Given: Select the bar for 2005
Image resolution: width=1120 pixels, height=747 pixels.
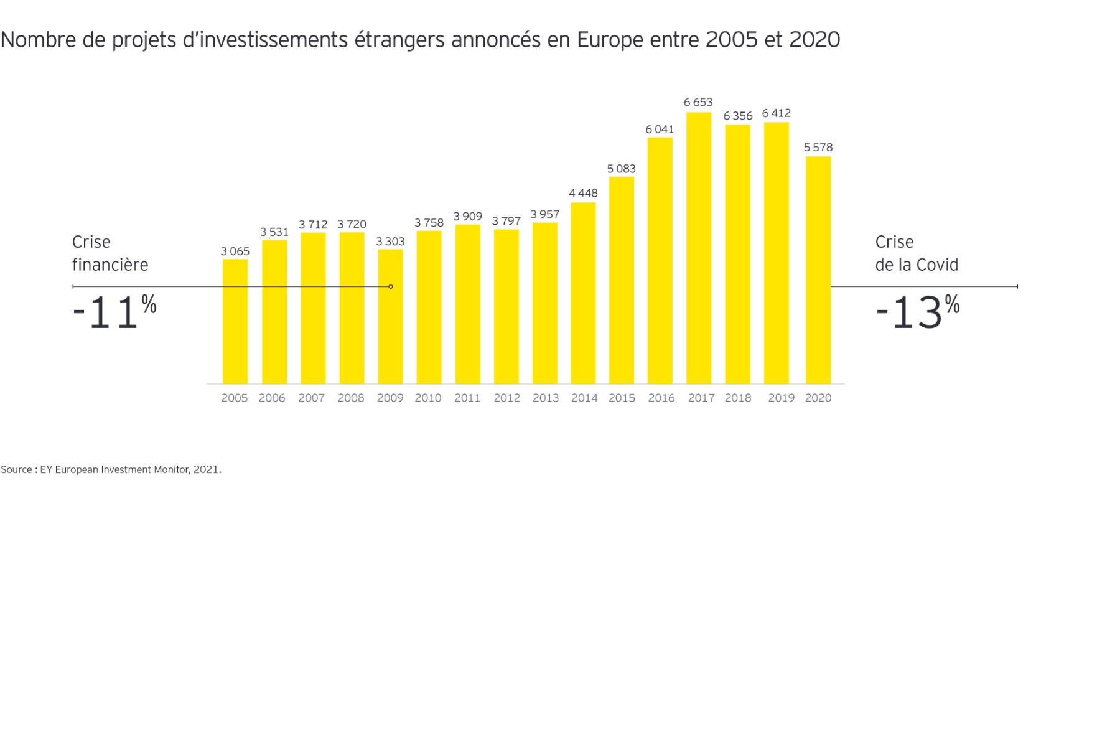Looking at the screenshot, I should click(x=235, y=321).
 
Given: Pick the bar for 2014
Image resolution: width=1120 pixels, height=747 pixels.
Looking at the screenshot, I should click(x=583, y=293).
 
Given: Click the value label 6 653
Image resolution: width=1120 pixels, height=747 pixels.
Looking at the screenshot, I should click(x=698, y=102).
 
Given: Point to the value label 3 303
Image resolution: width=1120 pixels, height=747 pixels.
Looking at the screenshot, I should click(x=390, y=241).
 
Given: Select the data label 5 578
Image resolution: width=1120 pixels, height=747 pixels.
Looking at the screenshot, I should click(x=818, y=148).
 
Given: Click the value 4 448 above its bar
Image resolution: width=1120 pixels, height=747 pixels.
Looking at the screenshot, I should click(x=583, y=193).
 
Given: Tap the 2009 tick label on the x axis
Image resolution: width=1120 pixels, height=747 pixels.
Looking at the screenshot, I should click(x=390, y=398).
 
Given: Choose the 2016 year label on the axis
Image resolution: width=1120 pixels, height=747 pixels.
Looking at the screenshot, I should click(x=661, y=398).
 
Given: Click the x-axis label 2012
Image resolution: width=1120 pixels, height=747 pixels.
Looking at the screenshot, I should click(x=506, y=398).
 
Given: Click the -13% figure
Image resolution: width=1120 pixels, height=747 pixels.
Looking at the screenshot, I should click(x=917, y=312).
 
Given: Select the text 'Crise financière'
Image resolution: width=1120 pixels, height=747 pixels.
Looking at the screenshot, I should click(x=110, y=253).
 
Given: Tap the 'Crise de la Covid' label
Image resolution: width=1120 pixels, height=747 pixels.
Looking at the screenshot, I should click(x=916, y=253).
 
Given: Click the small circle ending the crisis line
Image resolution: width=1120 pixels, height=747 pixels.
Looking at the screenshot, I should click(x=391, y=286).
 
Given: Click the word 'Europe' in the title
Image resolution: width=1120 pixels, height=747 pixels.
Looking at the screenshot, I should click(x=610, y=40).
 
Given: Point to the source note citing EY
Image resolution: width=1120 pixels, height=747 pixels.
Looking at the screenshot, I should click(x=111, y=469).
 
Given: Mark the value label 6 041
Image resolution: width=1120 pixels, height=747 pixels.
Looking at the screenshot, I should click(x=660, y=129).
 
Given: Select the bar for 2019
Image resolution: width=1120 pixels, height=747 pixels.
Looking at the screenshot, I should click(x=776, y=253).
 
